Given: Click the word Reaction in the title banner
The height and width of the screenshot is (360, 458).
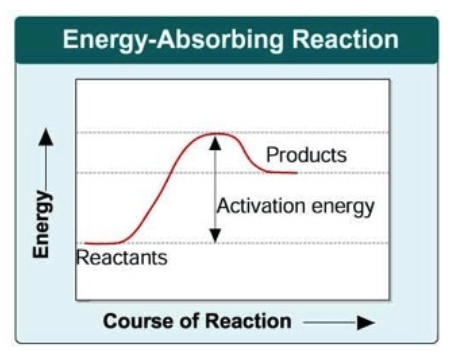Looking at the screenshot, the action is (x=345, y=39).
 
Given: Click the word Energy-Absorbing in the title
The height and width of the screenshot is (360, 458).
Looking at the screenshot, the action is (x=173, y=41).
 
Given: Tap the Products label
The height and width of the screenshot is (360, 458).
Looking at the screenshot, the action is (x=306, y=155).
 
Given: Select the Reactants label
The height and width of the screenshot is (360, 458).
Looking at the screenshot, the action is (x=122, y=258).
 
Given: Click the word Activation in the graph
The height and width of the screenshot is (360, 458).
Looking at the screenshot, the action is (x=262, y=205).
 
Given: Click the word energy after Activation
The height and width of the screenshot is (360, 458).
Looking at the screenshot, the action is (x=343, y=207).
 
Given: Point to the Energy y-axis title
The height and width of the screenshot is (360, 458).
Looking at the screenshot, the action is (x=42, y=224).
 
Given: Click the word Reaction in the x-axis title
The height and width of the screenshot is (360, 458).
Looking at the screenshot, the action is (x=248, y=321).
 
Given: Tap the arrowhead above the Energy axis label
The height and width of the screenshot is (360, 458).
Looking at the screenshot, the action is (x=46, y=137).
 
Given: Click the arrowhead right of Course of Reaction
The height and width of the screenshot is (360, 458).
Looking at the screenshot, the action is (x=366, y=322).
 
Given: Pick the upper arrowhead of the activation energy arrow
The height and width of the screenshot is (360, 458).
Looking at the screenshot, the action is (x=215, y=142).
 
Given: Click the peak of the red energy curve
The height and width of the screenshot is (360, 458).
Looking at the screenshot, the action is (x=217, y=134).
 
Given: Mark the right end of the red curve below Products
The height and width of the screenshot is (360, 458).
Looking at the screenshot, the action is (x=296, y=173).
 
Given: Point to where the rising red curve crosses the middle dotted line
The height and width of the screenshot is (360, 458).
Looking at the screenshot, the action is (x=172, y=173).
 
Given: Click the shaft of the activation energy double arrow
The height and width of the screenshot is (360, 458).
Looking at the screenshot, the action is (x=215, y=189).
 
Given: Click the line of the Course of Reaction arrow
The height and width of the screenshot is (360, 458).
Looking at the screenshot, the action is (x=330, y=322).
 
